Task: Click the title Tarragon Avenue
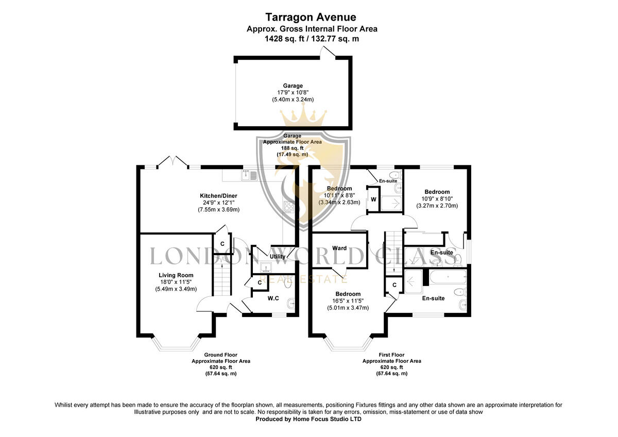pyautogui.click(x=311, y=18)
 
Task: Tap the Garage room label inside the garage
pyautogui.click(x=293, y=86)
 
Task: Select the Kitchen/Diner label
pyautogui.click(x=218, y=196)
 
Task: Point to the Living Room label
pyautogui.click(x=176, y=275)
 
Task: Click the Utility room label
pyautogui.click(x=278, y=257)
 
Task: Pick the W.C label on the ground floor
pyautogui.click(x=273, y=298)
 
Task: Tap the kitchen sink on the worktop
pyautogui.click(x=249, y=175)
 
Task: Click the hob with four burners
pyautogui.click(x=289, y=207)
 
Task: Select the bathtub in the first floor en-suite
pyautogui.click(x=448, y=277)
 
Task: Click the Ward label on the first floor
pyautogui.click(x=339, y=248)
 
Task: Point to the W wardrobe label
pyautogui.click(x=373, y=199)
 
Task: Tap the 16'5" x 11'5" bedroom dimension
pyautogui.click(x=348, y=301)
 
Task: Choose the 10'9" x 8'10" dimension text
pyautogui.click(x=437, y=199)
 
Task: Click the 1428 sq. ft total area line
pyautogui.click(x=312, y=39)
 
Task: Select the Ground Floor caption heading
pyautogui.click(x=221, y=355)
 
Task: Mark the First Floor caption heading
pyautogui.click(x=391, y=355)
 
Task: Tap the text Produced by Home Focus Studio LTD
pyautogui.click(x=308, y=419)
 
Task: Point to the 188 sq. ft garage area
pyautogui.click(x=293, y=148)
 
